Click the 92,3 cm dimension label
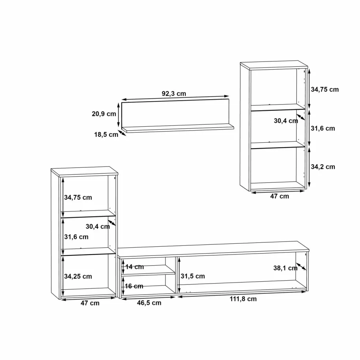click(174, 94)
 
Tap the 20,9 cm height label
click(104, 114)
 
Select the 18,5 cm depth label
click(106, 135)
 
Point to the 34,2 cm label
click(323, 167)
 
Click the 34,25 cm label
click(78, 277)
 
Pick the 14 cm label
click(135, 267)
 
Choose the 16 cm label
click(134, 286)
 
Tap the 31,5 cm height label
click(193, 276)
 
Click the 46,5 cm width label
click(149, 303)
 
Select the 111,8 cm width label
click(243, 299)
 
